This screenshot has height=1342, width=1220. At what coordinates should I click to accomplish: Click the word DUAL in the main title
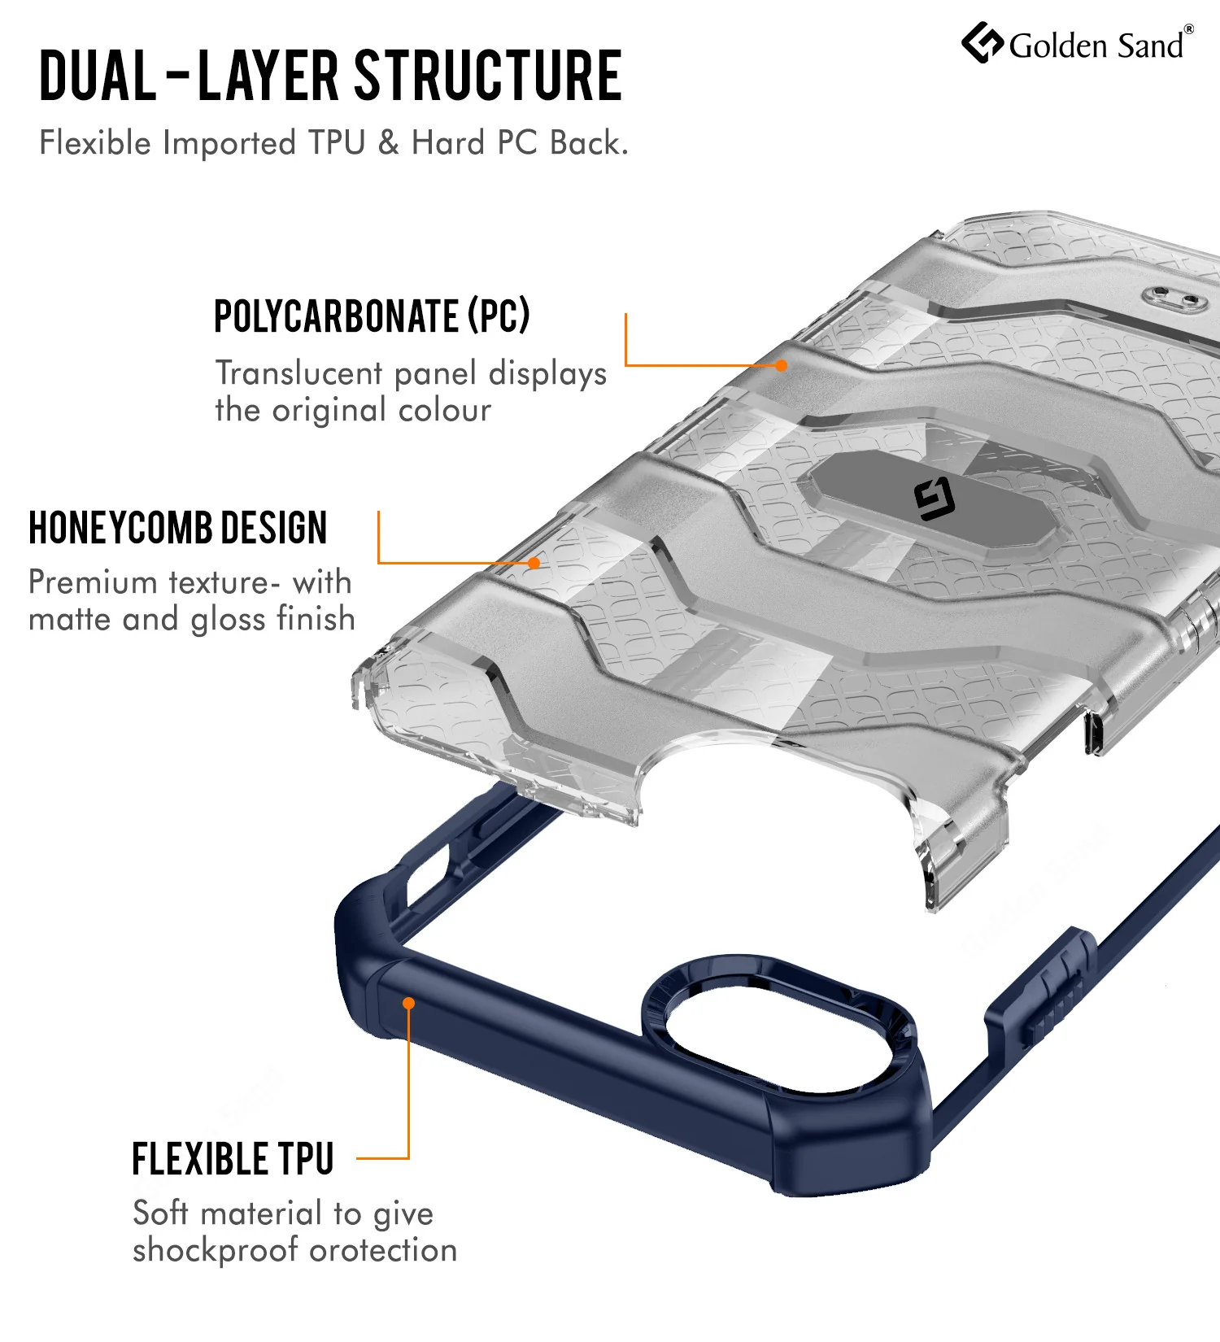tap(98, 76)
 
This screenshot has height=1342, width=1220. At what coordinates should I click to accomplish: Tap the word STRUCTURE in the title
tap(489, 76)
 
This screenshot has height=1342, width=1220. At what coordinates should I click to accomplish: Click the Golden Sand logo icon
tap(983, 42)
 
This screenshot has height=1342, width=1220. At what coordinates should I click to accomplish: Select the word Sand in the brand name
tap(1150, 46)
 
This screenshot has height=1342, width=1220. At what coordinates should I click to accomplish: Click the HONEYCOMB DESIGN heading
tap(178, 528)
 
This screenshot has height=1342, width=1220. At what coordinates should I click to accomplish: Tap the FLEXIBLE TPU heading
tap(233, 1159)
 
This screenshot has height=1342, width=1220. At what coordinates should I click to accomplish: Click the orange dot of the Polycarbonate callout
tap(782, 366)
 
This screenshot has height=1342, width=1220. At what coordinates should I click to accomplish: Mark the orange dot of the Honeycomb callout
tap(534, 563)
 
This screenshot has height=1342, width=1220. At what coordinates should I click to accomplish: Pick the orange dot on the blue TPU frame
tap(409, 1004)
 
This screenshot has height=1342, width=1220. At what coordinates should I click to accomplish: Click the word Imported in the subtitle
tap(229, 143)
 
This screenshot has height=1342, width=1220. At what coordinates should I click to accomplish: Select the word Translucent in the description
tap(299, 373)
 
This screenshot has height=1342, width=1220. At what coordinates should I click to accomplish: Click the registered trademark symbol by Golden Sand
tap(1189, 29)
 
